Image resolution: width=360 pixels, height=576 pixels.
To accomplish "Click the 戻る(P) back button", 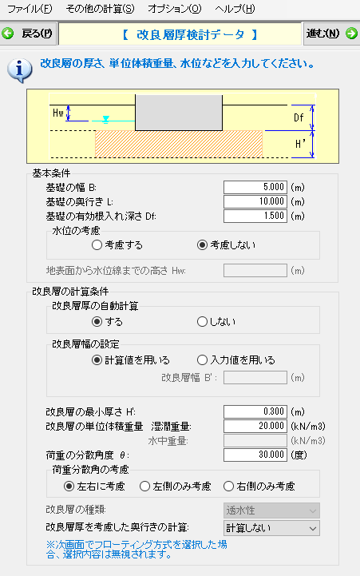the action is [x=28, y=34].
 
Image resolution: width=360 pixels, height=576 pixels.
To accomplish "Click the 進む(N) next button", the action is [x=331, y=34].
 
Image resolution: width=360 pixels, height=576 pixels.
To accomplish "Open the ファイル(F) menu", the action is [x=30, y=9].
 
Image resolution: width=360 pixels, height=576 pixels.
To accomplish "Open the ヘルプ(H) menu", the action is [x=235, y=9].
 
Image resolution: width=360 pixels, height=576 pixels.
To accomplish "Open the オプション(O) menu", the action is [x=175, y=9].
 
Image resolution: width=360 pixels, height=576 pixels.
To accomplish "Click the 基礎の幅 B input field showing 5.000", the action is [x=255, y=188].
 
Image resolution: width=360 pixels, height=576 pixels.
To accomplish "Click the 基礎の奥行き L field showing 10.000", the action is [x=255, y=201].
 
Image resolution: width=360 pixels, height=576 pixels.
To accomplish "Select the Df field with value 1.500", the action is [x=255, y=216].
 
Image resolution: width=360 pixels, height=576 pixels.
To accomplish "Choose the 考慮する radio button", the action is [x=97, y=245].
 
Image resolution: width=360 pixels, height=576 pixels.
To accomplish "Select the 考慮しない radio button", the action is [x=202, y=245].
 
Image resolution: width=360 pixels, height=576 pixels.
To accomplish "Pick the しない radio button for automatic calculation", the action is [x=202, y=322].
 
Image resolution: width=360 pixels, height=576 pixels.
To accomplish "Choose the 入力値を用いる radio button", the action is [x=202, y=360].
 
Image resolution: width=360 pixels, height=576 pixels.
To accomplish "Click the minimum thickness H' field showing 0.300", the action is [x=255, y=411].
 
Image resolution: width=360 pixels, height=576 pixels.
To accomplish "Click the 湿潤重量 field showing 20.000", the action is [x=255, y=426].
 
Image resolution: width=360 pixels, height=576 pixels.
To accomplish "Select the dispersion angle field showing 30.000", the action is [x=255, y=455].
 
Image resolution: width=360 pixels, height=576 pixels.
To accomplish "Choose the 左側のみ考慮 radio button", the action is [x=145, y=487].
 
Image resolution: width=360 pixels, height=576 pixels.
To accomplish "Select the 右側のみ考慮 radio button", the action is [x=228, y=487].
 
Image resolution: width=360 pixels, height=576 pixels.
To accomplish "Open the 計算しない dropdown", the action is [x=271, y=528].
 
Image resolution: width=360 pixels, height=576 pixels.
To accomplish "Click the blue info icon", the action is [x=19, y=70].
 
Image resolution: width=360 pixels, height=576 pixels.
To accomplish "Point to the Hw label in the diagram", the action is [x=58, y=113].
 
